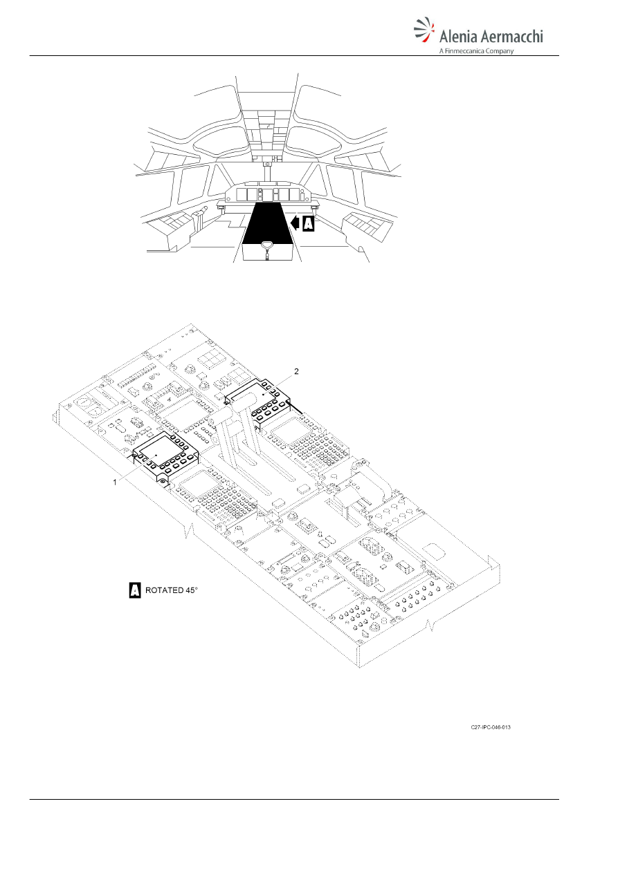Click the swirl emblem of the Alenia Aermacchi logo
pos(424,30)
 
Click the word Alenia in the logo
pos(458,37)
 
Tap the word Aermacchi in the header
pos(511,36)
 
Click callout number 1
pos(115,482)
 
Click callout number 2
pos(296,371)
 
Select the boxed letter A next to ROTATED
pos(135,590)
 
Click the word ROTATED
pos(164,590)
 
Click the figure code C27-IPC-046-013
pos(491,727)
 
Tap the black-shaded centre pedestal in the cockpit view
pos(268,223)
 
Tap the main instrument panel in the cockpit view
pos(268,194)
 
